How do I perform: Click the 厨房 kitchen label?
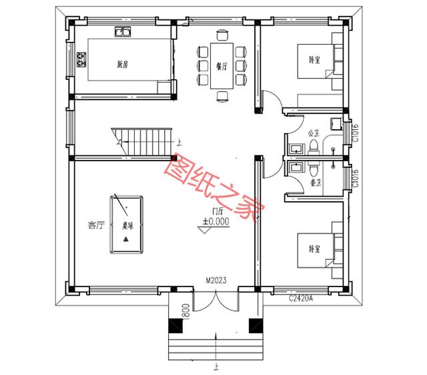121,65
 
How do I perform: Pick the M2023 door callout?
215,281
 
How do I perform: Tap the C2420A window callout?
302,299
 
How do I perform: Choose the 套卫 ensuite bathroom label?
316,181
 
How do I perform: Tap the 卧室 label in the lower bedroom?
314,248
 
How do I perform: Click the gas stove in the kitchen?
83,61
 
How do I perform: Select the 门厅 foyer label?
216,211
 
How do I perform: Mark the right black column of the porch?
254,326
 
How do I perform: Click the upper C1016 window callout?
356,133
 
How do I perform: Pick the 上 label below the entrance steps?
214,366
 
